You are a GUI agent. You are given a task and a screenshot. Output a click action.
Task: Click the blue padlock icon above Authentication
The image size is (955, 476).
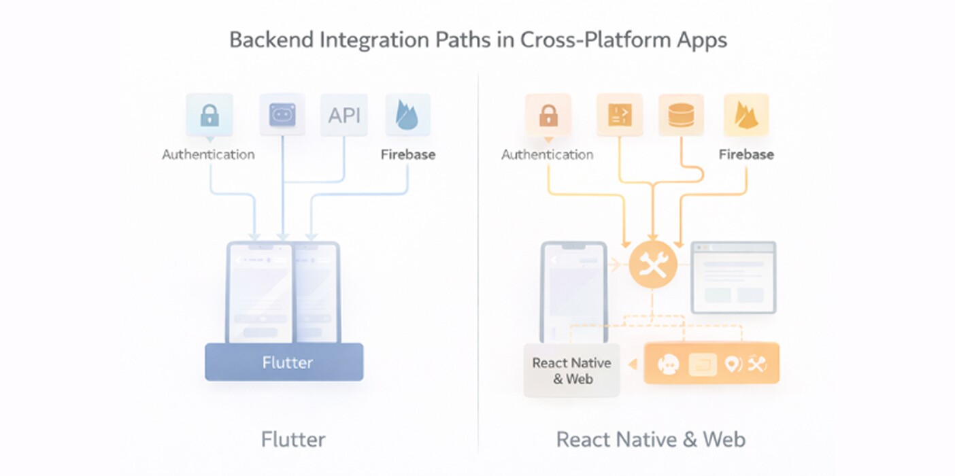coord(210,115)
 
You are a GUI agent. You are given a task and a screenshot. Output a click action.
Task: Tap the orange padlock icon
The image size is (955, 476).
coord(548,115)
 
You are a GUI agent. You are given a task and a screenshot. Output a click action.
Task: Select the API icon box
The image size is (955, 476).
coord(344,115)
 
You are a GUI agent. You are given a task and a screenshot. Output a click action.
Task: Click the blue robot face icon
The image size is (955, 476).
coord(282,115)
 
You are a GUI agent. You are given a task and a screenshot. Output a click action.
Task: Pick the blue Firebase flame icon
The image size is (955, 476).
coord(407,115)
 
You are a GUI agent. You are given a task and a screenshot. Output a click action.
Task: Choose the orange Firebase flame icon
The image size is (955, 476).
coord(746,115)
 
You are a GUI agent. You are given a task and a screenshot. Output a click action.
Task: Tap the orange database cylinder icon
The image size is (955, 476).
coord(681,115)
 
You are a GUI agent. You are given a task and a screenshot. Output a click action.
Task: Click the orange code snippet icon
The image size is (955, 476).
coord(619,115)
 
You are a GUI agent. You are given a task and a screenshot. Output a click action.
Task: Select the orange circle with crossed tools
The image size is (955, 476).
coord(653,265)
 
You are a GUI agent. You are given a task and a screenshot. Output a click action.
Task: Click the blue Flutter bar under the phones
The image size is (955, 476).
coord(284,362)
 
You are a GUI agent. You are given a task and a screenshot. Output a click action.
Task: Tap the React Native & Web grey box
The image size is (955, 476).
coord(571,371)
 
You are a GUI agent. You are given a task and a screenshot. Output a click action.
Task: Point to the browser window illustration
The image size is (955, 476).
coord(733,277)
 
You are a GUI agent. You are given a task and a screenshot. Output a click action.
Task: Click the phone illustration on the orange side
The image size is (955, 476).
coord(573,292)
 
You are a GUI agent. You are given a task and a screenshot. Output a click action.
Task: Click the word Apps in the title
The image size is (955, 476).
coord(701,39)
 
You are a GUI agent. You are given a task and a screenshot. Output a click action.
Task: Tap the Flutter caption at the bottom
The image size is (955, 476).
coord(293,439)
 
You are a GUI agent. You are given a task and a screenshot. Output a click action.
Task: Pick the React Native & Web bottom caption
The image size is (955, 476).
coord(651,439)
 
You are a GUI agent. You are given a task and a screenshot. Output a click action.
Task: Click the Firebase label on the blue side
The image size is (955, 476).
coord(407,154)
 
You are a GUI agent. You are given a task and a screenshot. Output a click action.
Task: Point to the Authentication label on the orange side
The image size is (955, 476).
coord(548,154)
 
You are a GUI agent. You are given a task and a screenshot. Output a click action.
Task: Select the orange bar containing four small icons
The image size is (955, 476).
coord(711,364)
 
